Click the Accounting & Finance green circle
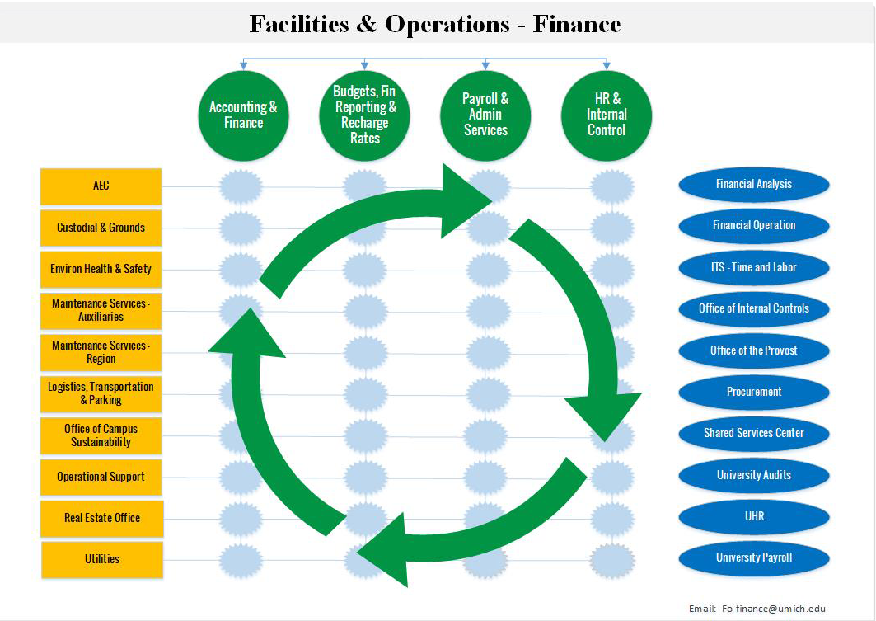(x=243, y=115)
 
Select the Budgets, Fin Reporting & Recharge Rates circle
(x=364, y=115)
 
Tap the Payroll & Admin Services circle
(x=485, y=115)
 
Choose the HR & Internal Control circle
(x=607, y=115)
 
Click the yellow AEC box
(x=101, y=186)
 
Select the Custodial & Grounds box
(x=101, y=228)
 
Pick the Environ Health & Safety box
(x=101, y=269)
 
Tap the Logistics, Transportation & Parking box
(x=101, y=393)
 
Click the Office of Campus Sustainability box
(x=101, y=435)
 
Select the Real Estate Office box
(x=102, y=518)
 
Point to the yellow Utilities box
(x=102, y=559)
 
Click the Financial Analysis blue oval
(x=753, y=184)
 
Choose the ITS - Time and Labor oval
(x=753, y=267)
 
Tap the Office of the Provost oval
(x=753, y=350)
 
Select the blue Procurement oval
(x=753, y=392)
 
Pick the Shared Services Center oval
(x=753, y=433)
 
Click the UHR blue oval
(x=753, y=516)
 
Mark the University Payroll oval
(x=753, y=557)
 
